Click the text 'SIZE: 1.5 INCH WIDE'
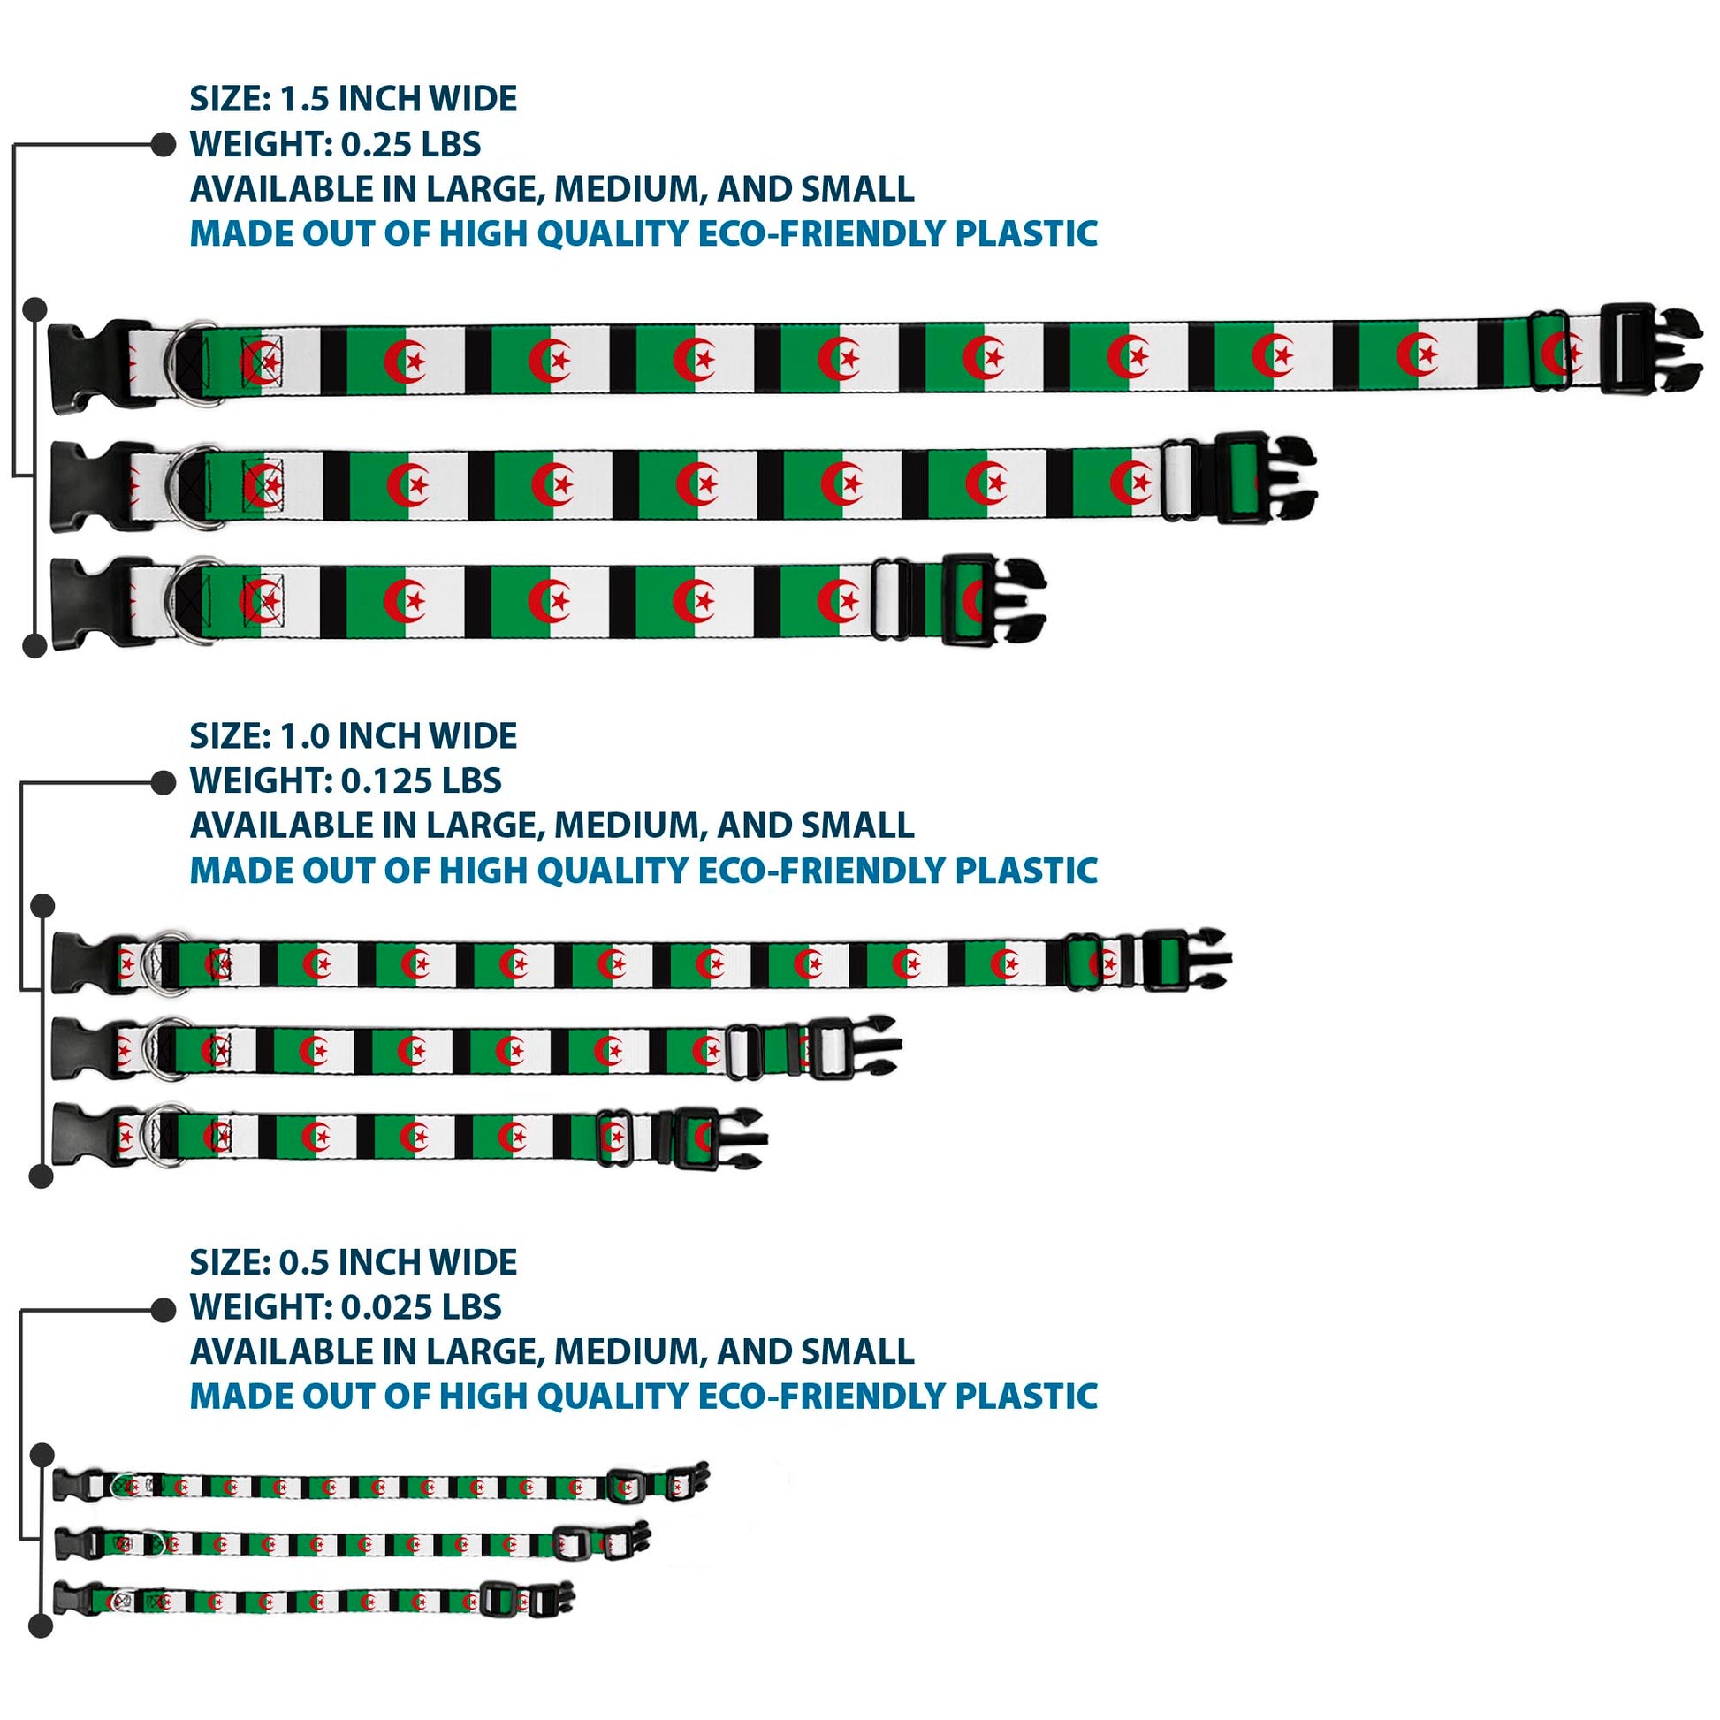click(353, 99)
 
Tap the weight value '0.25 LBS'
click(410, 144)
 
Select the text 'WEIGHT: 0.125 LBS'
click(346, 780)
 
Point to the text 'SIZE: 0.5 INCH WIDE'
click(353, 1262)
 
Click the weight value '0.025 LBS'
click(421, 1307)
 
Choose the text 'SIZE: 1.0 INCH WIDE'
click(353, 736)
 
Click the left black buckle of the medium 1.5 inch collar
click(89, 486)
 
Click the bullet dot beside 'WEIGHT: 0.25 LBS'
click(164, 144)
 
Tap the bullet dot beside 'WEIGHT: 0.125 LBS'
click(164, 781)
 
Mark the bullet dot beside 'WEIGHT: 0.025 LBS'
click(164, 1309)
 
